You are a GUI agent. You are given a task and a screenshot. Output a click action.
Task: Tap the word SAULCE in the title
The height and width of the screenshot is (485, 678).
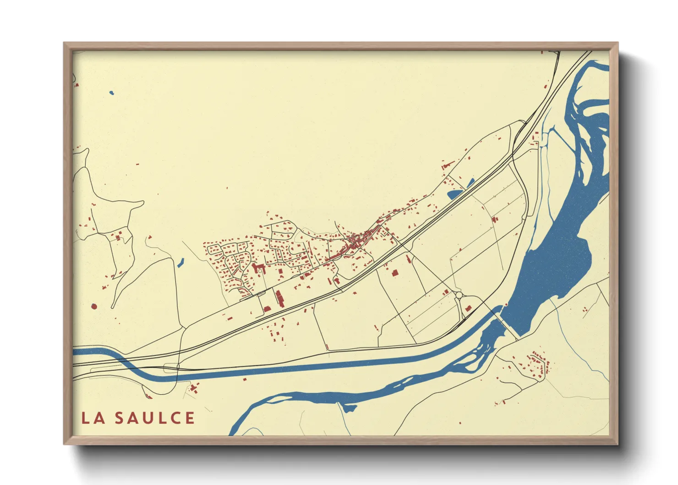(x=155, y=418)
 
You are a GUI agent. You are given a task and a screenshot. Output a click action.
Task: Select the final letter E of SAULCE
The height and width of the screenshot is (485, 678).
(x=190, y=418)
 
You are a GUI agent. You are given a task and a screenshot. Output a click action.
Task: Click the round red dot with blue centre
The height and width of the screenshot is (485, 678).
(x=94, y=306)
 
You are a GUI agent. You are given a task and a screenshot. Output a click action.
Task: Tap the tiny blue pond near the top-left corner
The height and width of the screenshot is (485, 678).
(x=111, y=93)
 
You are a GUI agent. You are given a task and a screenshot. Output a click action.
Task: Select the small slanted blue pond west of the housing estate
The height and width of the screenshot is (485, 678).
(x=180, y=263)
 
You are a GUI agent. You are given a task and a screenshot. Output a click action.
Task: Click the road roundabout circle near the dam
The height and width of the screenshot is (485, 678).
(x=459, y=295)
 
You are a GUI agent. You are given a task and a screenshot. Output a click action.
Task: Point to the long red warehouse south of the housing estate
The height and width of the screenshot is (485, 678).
(x=279, y=298)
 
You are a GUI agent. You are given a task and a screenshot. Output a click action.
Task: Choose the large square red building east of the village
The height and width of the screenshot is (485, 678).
(x=394, y=272)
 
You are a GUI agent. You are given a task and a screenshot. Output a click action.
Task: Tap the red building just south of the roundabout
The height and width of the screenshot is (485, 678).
(x=468, y=309)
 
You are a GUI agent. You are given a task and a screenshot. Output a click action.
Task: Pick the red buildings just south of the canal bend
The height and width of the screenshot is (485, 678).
(x=193, y=389)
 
